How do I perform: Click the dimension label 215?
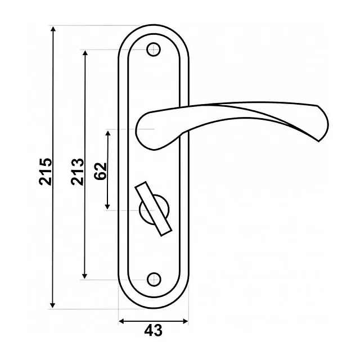[46, 171]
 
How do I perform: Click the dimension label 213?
[78, 172]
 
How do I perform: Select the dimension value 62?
[100, 171]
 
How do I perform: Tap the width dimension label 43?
[153, 330]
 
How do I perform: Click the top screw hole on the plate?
[154, 49]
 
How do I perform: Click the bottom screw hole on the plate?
[154, 280]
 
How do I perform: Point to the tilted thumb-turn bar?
[154, 209]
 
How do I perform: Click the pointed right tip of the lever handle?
[319, 141]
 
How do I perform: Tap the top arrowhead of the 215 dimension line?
[53, 29]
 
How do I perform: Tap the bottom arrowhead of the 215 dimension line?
[52, 305]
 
